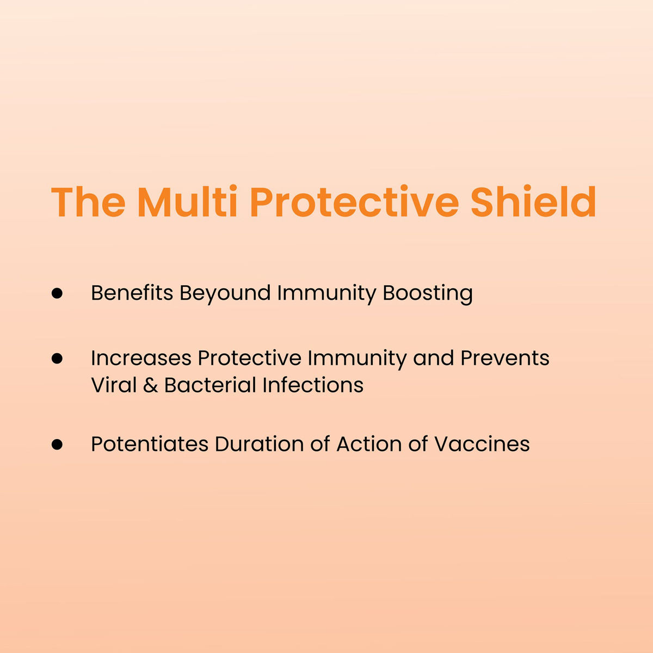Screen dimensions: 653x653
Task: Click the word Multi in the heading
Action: coord(187,201)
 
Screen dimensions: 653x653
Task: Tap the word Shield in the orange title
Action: coord(533,201)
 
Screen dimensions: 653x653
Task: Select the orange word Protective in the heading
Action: coord(354,201)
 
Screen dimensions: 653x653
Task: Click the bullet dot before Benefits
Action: coord(57,293)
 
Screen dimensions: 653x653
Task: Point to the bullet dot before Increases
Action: coord(57,359)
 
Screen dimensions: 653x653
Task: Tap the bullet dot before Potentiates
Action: coord(57,444)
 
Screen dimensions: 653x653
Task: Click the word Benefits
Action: coord(132,292)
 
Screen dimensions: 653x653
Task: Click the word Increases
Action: coord(141,358)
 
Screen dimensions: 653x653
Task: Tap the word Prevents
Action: coord(505,358)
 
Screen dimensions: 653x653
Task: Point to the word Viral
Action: coord(114,385)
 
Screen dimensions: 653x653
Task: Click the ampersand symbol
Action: coord(150,385)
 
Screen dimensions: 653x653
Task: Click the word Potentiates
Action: coord(150,444)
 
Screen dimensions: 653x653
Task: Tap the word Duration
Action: coord(259,444)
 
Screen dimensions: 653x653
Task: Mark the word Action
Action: coord(369,444)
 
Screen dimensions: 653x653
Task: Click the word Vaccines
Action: coord(482,444)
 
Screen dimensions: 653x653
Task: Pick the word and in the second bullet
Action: coord(433,358)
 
